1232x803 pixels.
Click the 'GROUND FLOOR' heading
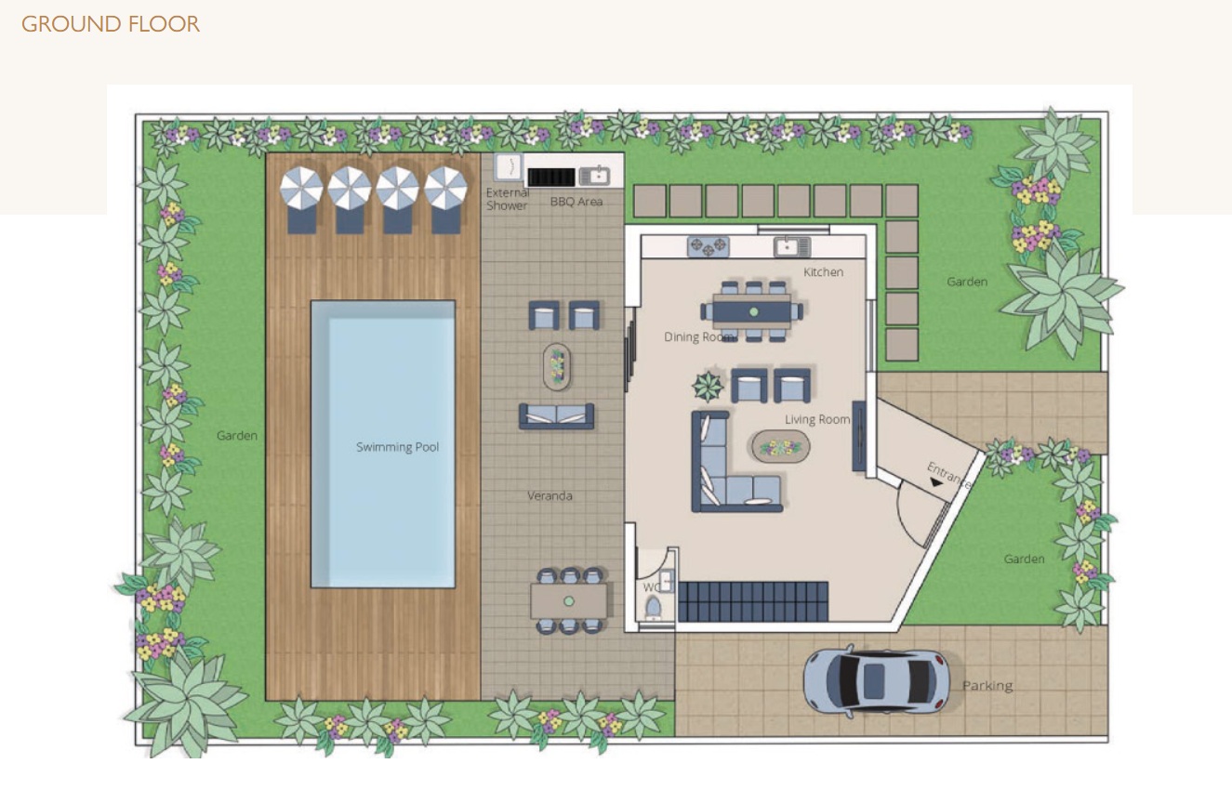pos(110,24)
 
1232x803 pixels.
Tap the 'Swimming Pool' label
pos(397,447)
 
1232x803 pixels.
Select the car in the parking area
pos(877,681)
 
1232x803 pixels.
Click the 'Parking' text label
pos(987,685)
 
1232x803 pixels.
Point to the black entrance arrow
pos(935,482)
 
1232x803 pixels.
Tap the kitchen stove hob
pos(708,247)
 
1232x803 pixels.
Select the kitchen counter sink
pos(792,247)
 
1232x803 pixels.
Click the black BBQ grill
pos(551,177)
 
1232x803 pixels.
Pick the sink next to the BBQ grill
pos(595,176)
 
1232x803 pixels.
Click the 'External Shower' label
pos(507,199)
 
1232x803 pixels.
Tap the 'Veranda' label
pos(550,495)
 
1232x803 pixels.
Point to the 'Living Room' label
pos(817,419)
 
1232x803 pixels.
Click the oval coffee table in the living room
pos(780,447)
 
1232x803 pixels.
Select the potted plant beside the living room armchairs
pos(708,386)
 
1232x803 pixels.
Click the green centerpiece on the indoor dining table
pos(753,311)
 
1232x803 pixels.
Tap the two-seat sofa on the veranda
pos(557,416)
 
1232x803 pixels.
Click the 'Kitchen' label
pos(823,272)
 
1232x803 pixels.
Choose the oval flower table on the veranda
pos(557,366)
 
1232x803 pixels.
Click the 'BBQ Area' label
pos(576,202)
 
